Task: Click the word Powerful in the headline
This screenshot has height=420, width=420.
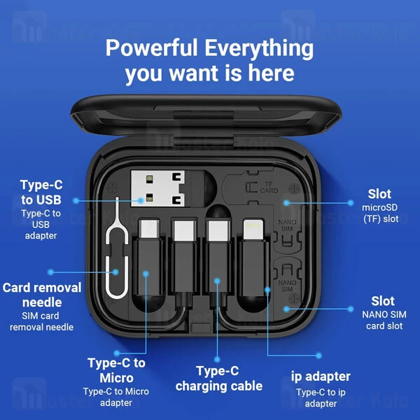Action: pyautogui.click(x=151, y=48)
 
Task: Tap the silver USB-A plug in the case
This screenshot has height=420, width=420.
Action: pyautogui.click(x=157, y=188)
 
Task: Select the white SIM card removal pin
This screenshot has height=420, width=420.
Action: pyautogui.click(x=117, y=249)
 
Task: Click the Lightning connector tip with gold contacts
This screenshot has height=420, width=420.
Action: pyautogui.click(x=253, y=230)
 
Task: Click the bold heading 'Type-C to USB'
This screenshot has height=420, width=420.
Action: pyautogui.click(x=41, y=192)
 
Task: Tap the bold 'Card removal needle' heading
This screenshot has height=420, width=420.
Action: pyautogui.click(x=42, y=295)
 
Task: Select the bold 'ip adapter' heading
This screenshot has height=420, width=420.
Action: pyautogui.click(x=321, y=377)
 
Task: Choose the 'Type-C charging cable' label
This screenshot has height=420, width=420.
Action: pyautogui.click(x=218, y=379)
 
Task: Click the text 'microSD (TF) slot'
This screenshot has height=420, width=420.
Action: pyautogui.click(x=380, y=213)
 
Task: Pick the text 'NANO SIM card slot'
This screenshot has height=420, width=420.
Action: pyautogui.click(x=384, y=320)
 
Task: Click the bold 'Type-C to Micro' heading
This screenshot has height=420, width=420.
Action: pyautogui.click(x=116, y=370)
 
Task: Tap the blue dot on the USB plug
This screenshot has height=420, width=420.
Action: pyautogui.click(x=141, y=200)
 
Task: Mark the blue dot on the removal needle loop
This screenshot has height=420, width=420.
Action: pyautogui.click(x=115, y=272)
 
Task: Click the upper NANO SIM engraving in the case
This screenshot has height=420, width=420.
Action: pyautogui.click(x=287, y=225)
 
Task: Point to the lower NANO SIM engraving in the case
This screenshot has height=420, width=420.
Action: pyautogui.click(x=287, y=286)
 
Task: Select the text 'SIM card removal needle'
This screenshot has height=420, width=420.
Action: pyautogui.click(x=41, y=321)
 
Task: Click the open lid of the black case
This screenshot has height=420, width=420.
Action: pyautogui.click(x=206, y=116)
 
